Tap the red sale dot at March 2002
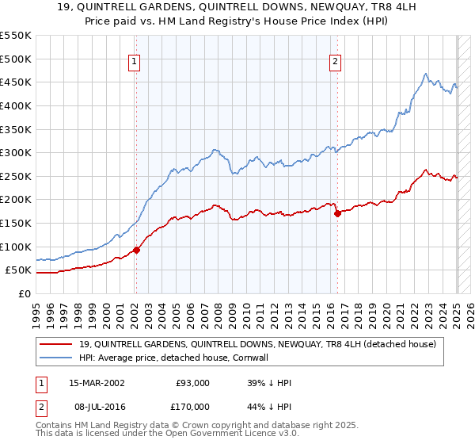tap(136, 250)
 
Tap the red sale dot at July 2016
tap(338, 213)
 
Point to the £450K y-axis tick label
tap(16, 82)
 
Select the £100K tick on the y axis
tap(16, 247)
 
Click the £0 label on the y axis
tap(24, 293)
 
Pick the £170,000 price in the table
tap(192, 406)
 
